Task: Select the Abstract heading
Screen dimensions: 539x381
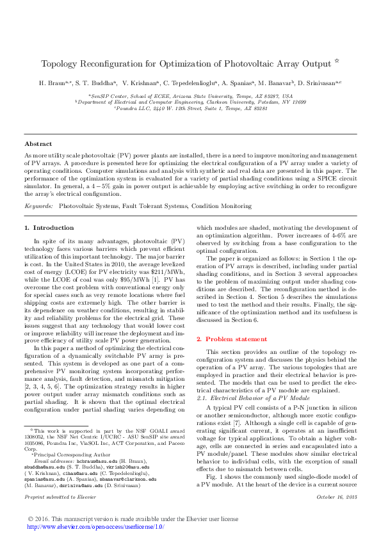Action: pyautogui.click(x=38, y=144)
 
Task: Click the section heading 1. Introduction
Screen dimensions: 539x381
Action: pyautogui.click(x=49, y=227)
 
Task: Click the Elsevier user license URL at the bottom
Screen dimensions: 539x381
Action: pyautogui.click(x=95, y=526)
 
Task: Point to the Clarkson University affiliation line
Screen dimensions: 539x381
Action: pyautogui.click(x=190, y=101)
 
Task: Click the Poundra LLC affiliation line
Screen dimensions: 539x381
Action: pyautogui.click(x=190, y=108)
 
